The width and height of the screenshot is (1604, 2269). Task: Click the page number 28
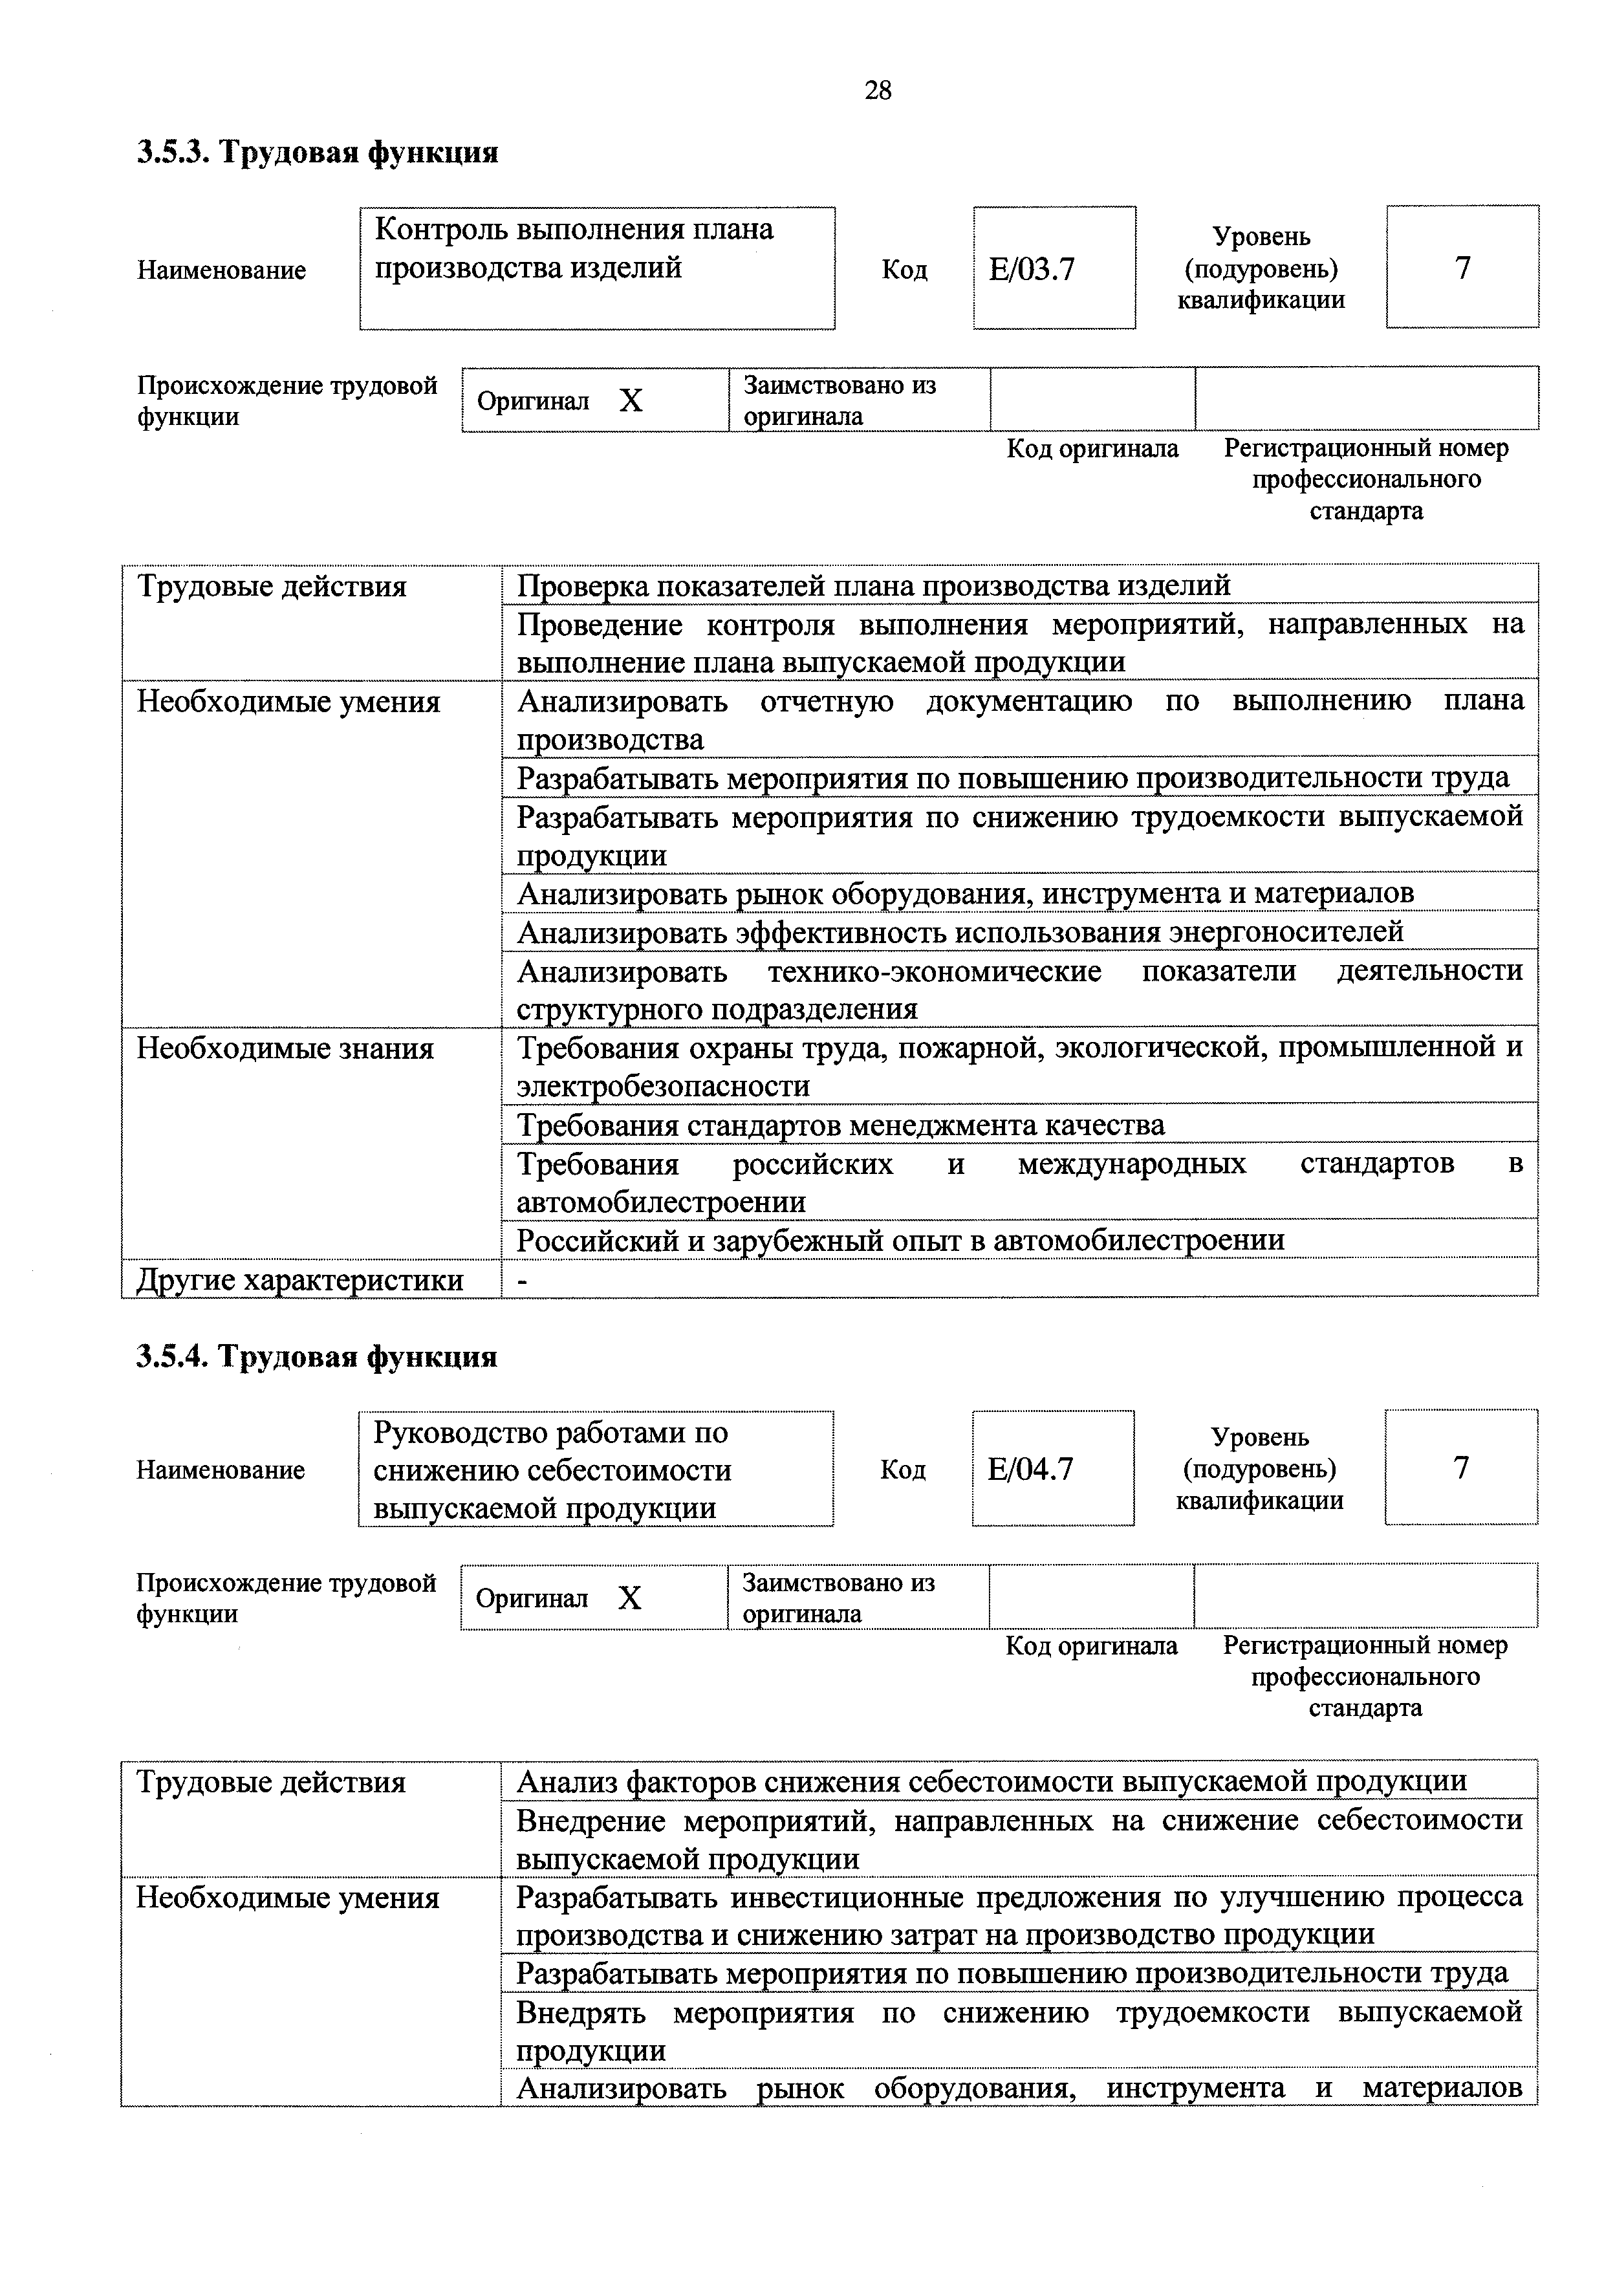876,91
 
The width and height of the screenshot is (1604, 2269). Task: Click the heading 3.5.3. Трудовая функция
317,152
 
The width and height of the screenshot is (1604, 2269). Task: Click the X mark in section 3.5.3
631,400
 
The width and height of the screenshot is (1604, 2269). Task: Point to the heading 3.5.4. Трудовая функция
316,1356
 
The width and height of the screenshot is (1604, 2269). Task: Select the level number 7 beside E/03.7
1462,268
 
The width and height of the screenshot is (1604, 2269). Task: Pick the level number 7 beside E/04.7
1460,1468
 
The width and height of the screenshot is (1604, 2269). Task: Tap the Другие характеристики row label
299,1280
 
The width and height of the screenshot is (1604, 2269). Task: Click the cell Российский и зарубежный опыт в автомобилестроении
900,1239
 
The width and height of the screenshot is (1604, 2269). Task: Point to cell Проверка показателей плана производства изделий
874,586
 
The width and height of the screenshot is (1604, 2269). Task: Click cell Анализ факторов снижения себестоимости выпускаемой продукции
992,1782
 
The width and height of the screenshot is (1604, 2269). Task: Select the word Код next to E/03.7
904,270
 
